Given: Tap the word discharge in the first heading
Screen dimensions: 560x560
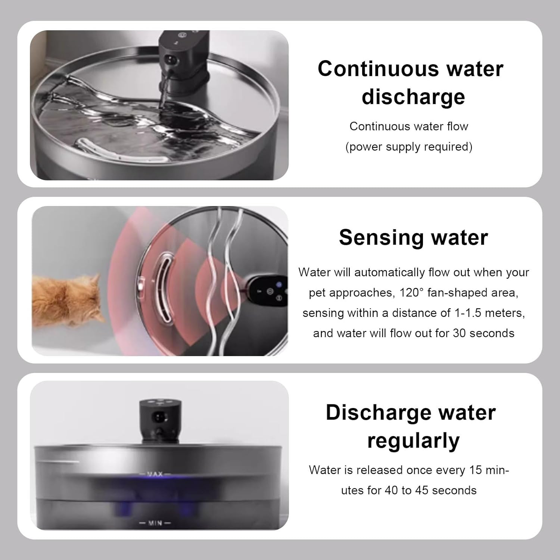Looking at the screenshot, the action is pos(413,97).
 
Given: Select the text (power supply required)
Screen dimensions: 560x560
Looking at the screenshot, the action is pos(409,147).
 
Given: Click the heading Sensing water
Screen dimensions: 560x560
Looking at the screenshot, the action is pos(413,237).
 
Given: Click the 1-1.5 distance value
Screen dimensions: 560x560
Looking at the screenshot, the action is pos(468,313).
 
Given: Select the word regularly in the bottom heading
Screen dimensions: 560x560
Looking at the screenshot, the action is pos(413,441).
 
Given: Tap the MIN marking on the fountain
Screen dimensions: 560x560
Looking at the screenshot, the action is pos(155,523).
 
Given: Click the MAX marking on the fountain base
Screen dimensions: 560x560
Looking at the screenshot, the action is pos(155,474).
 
